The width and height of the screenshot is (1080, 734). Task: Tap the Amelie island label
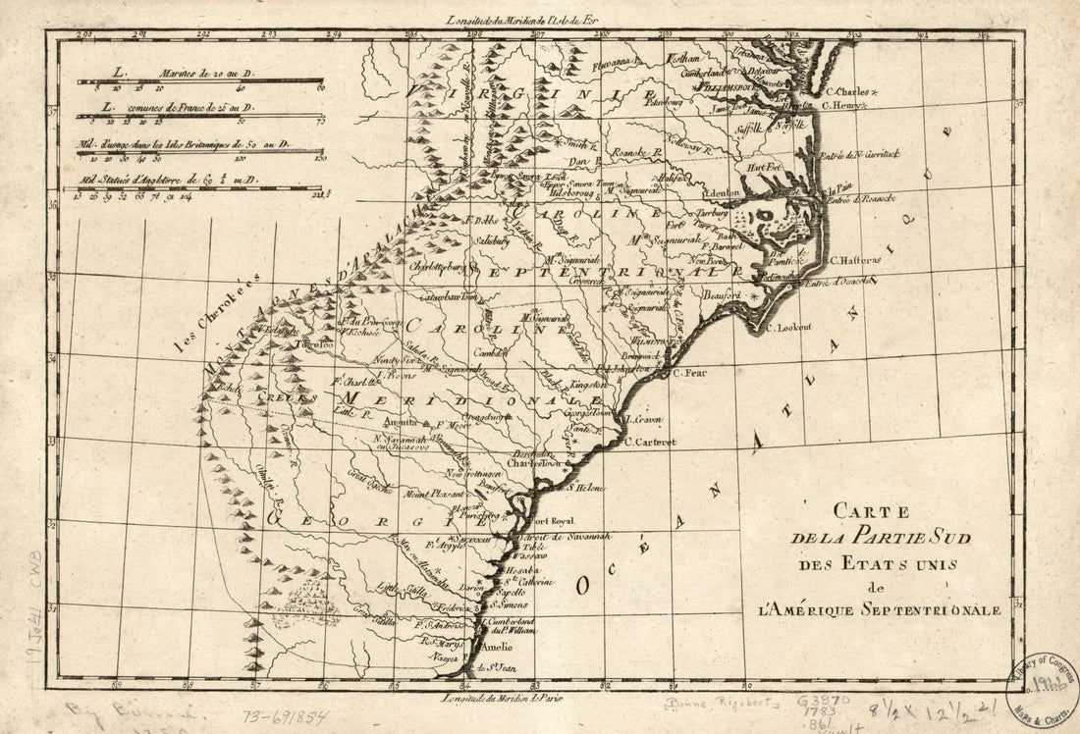coord(496,649)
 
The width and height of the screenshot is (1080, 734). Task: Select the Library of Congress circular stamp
coord(1044,685)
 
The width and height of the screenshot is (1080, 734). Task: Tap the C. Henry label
coord(844,104)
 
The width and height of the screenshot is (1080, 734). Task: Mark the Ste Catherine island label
coord(529,581)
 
